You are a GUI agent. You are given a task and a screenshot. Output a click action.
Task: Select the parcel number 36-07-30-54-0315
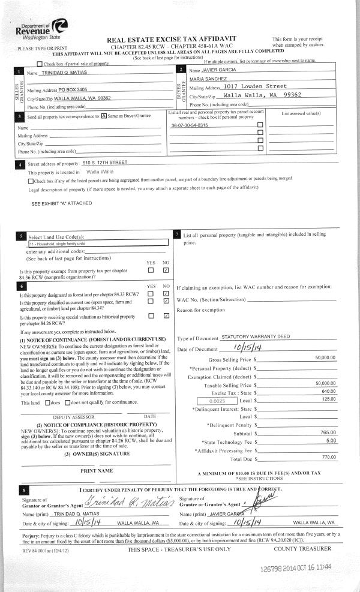[190, 125]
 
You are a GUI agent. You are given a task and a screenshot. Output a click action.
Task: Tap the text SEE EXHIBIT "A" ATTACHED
[62, 203]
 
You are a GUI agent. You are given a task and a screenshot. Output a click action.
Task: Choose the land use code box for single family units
[97, 244]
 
